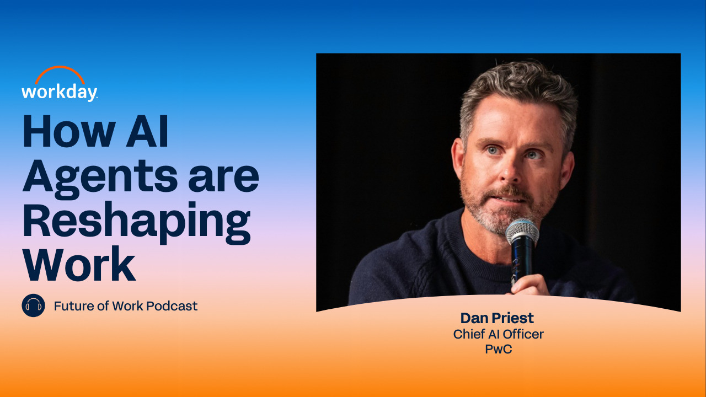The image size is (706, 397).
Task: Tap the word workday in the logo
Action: [x=59, y=93]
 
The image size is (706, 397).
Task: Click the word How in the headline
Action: [x=69, y=131]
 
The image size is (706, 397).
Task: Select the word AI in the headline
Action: [x=147, y=131]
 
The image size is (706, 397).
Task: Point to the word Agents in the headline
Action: [x=100, y=179]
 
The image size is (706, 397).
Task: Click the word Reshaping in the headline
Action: [x=136, y=223]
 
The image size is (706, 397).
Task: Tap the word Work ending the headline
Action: [x=79, y=264]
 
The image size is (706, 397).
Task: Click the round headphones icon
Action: [x=34, y=305]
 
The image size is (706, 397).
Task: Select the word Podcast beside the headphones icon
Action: [x=172, y=306]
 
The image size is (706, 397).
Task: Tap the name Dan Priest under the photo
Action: [x=497, y=318]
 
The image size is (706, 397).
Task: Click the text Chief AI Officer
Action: [x=498, y=334]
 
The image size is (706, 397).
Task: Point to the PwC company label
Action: [x=498, y=349]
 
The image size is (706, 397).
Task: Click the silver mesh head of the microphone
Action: [x=522, y=232]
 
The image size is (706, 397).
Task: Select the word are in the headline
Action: [x=223, y=178]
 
